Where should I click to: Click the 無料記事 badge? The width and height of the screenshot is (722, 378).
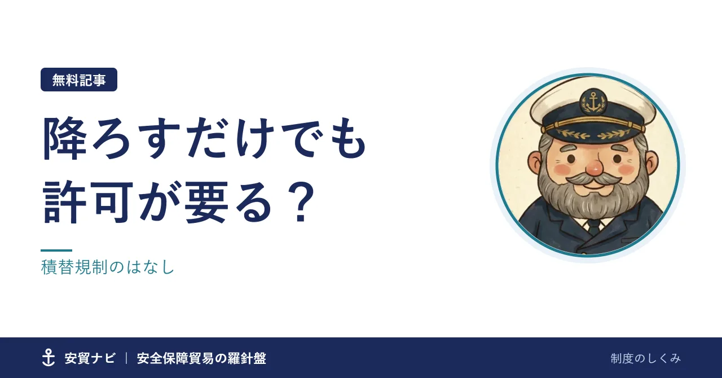78,80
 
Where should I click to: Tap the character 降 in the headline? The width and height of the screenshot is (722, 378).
65,139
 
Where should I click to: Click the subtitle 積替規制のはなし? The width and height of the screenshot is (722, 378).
108,267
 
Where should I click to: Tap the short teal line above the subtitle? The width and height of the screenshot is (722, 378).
56,250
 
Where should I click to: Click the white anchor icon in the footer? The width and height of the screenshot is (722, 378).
49,358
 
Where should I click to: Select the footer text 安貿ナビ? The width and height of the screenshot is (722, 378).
90,358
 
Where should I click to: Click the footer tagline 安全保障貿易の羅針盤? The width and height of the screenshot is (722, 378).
201,358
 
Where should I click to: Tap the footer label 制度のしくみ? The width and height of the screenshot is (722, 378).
646,358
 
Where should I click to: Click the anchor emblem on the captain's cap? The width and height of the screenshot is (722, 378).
593,101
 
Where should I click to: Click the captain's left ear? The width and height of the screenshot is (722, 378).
535,164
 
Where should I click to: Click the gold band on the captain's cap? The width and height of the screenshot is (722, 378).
593,124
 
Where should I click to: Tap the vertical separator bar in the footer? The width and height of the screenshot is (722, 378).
126,358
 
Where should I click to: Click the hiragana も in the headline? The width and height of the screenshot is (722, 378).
348,139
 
